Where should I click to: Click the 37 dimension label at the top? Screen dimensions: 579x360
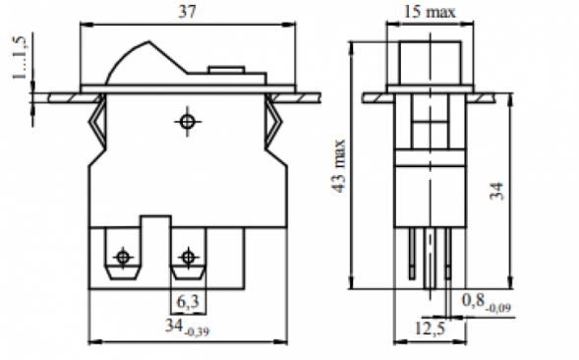click(187, 12)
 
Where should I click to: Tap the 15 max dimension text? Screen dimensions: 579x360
click(430, 12)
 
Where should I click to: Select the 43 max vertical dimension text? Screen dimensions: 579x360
click(339, 165)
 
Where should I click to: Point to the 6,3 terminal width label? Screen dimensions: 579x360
click(188, 302)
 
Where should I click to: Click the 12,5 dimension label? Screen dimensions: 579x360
click(431, 328)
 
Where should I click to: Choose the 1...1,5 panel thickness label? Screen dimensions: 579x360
click(20, 57)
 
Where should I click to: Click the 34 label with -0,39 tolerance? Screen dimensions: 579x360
click(187, 327)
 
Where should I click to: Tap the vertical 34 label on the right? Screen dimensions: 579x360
click(496, 191)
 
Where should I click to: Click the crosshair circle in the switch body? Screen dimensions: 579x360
click(187, 122)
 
